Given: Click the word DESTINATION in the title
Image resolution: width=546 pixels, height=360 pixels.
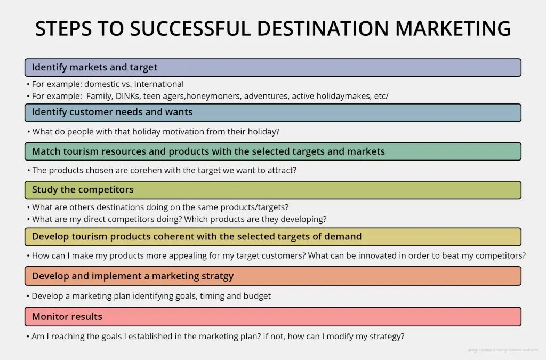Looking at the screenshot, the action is click(323, 28).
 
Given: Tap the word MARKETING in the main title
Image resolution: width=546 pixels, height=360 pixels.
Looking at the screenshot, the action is click(453, 28).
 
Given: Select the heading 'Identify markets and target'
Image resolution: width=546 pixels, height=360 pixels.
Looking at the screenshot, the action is click(95, 67).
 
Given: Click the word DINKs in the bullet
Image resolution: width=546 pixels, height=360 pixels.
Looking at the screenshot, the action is click(127, 96).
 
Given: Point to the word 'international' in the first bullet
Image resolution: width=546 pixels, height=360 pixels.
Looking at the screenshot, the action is click(159, 84).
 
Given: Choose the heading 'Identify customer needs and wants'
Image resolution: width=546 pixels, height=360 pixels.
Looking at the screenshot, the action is click(112, 112).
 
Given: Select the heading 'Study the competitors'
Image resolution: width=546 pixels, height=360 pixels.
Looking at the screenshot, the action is click(83, 190).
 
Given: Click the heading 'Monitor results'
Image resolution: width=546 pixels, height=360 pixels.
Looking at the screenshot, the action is click(67, 316).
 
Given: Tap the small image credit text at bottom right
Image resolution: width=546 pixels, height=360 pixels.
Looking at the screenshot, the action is click(503, 350).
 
